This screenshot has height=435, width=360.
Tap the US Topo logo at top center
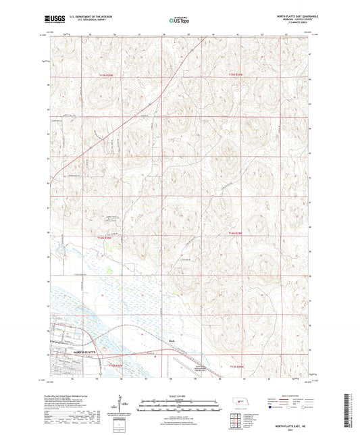coord(175,21)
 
